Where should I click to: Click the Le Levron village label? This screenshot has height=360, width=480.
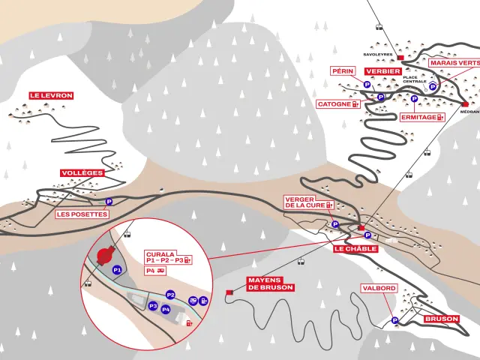coord(51,96)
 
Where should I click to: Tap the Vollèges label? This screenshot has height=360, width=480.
coord(82,172)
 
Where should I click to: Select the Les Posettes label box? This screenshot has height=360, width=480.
coord(82,214)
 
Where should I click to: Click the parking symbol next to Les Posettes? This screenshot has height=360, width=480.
coord(109,201)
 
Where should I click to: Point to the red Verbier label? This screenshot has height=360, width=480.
coord(382,71)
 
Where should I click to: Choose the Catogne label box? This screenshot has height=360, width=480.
coord(337,104)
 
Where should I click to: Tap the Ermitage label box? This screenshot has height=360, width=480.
coord(421,117)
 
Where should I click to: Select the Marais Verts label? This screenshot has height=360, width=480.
coord(454,63)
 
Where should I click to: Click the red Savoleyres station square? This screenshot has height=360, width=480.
coord(400,57)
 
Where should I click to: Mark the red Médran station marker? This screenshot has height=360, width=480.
coord(465,104)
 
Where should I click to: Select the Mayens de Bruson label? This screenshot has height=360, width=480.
coord(270,283)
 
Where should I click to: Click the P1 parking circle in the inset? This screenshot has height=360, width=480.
coord(116,268)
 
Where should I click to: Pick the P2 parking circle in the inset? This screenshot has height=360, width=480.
coord(170,295)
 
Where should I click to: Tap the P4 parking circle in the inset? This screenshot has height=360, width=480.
coord(166,309)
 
